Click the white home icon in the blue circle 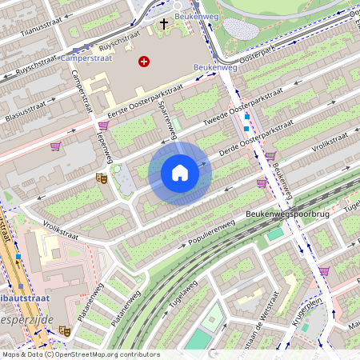click(x=180, y=172)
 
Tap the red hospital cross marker click(x=144, y=61)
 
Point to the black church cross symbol click(x=164, y=25)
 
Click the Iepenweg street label click(x=102, y=144)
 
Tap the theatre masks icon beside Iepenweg click(x=102, y=178)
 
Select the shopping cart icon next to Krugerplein click(x=324, y=271)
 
